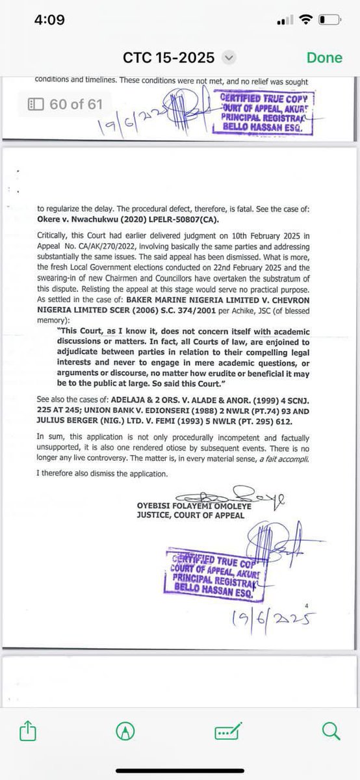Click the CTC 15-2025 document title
pyautogui.click(x=168, y=58)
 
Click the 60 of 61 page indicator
pyautogui.click(x=64, y=103)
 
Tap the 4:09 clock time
pyautogui.click(x=49, y=19)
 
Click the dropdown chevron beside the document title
pyautogui.click(x=227, y=58)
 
